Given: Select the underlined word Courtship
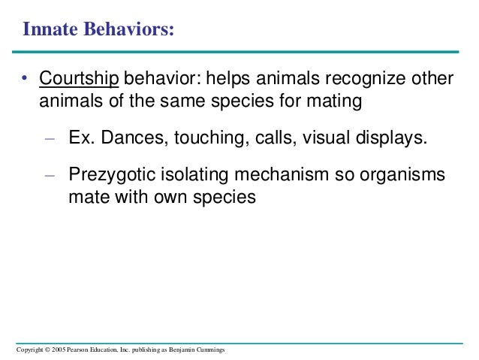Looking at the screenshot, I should (x=80, y=79).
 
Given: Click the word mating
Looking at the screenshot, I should (x=337, y=100).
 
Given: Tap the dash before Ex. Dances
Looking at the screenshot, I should (x=50, y=138).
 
